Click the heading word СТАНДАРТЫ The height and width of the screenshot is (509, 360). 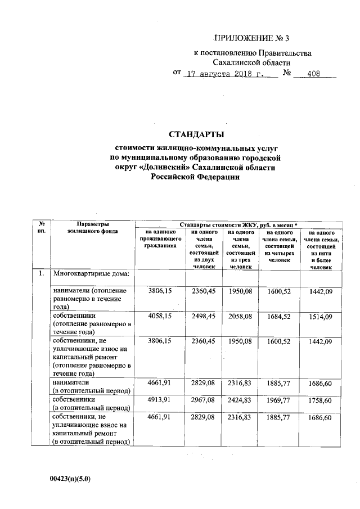[196, 134]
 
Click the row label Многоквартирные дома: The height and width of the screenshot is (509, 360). [92, 274]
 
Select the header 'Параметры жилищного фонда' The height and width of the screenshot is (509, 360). [92, 227]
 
